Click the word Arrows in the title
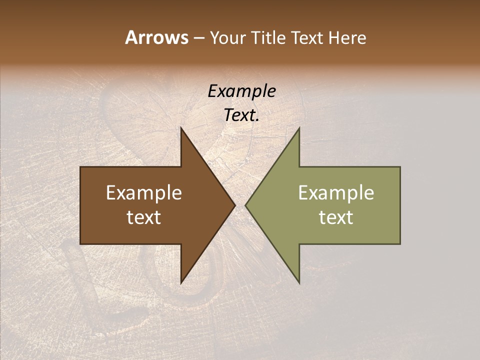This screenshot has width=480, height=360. (156, 37)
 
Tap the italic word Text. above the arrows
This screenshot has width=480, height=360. (241, 115)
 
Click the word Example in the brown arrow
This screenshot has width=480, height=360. (144, 193)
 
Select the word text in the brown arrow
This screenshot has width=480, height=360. (144, 217)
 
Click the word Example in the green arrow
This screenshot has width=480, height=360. (336, 193)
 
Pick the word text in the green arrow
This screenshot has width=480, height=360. (336, 217)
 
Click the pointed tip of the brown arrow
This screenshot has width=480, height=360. (235, 205)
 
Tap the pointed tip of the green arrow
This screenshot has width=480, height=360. (245, 205)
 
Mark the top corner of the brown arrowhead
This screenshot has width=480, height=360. (181, 128)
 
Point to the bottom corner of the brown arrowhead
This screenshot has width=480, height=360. (181, 283)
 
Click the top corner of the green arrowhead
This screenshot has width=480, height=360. (299, 128)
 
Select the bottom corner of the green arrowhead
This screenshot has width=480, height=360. (299, 283)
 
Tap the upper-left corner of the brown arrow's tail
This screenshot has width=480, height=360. (81, 167)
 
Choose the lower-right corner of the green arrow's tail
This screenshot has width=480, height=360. (399, 243)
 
